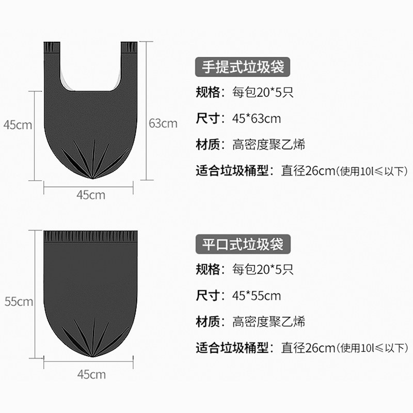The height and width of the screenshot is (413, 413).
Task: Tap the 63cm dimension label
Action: coord(163,123)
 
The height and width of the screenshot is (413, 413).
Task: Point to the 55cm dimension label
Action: coord(19,301)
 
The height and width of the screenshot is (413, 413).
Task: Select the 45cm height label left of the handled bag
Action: coord(18,124)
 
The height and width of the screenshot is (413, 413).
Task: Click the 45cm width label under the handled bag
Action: coord(91,195)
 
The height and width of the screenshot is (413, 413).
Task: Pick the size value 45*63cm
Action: coord(257,118)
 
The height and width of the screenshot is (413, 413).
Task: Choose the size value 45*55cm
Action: coord(257,296)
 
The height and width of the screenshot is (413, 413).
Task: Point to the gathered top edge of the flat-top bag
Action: coord(91,237)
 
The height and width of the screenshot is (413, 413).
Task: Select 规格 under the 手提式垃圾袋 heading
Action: coord(209,92)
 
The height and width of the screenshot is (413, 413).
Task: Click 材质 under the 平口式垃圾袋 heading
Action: coord(209,322)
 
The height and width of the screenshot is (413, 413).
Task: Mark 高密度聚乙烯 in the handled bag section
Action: coord(268,145)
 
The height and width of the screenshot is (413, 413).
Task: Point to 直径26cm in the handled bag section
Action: coord(308,171)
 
